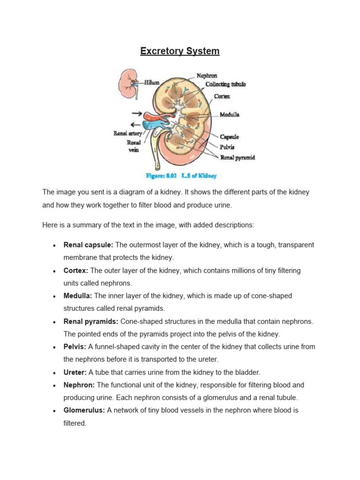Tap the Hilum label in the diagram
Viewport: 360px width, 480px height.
click(151, 82)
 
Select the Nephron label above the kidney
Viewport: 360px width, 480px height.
click(207, 75)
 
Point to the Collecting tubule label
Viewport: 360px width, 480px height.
click(225, 84)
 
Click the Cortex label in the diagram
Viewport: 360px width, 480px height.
click(222, 96)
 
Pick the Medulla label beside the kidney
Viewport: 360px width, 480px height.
click(230, 114)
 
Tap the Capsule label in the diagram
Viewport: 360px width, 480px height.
click(229, 137)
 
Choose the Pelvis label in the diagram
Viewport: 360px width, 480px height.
click(227, 147)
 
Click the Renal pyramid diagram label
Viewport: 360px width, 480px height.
click(238, 157)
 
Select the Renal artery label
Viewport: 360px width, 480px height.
click(127, 134)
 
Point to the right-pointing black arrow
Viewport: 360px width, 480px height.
click(137, 113)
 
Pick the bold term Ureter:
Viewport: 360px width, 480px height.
click(75, 372)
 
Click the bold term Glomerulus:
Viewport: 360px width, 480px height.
click(84, 410)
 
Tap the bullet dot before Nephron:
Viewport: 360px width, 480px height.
click(55, 385)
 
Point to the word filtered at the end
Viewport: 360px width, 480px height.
click(75, 423)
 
